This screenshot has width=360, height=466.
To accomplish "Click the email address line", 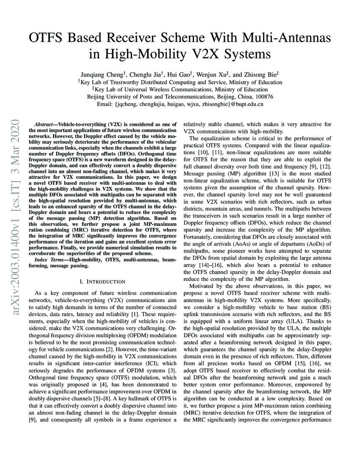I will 180,104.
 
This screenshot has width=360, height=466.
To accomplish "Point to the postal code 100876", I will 263,97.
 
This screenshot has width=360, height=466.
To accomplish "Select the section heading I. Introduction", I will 102,281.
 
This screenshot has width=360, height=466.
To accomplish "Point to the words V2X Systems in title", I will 233,54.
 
